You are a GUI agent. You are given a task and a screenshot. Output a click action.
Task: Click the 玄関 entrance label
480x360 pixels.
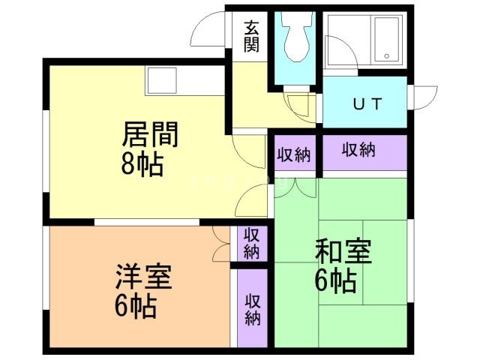click(252, 36)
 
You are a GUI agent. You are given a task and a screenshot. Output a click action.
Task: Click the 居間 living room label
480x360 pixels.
click(150, 138)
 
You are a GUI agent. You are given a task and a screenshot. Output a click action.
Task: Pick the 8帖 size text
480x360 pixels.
click(142, 165)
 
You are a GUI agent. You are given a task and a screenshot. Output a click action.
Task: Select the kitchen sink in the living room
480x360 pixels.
click(161, 76)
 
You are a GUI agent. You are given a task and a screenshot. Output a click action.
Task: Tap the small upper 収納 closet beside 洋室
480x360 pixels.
click(251, 241)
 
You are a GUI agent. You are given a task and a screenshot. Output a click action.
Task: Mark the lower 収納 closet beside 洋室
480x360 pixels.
click(252, 308)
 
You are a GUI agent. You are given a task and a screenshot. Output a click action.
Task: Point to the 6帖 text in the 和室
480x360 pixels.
click(335, 281)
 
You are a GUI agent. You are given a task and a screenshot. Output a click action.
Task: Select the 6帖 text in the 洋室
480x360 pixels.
click(136, 305)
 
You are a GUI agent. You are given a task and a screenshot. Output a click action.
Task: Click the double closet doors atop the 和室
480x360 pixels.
click(296, 186)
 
